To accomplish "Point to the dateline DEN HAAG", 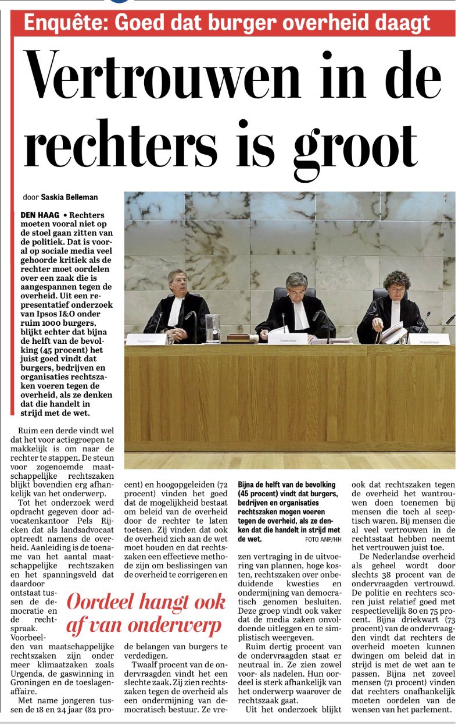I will pos(38,215).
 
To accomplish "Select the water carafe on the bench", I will pos(213,328).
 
